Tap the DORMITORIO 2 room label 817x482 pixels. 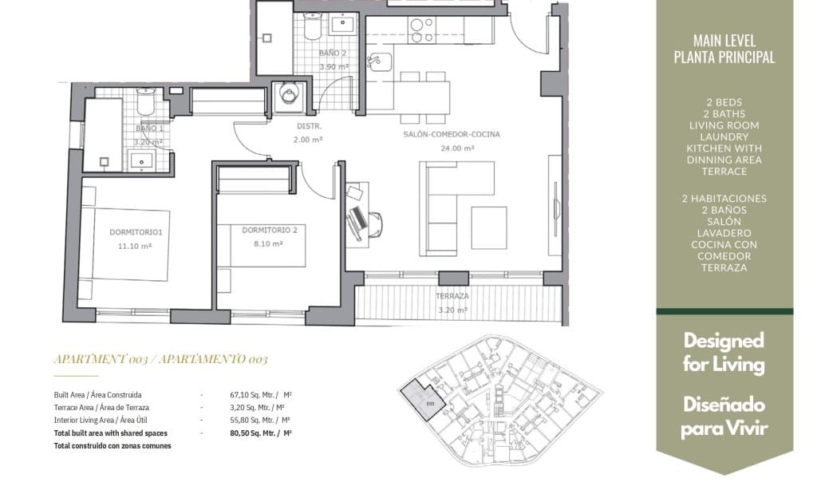point(270,230)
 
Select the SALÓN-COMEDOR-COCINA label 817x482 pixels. point(452,135)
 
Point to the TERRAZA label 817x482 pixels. point(452,296)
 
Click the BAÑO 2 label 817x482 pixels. point(332,53)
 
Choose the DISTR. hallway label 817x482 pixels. point(309,126)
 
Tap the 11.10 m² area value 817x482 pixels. point(136,247)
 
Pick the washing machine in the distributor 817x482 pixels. point(288,97)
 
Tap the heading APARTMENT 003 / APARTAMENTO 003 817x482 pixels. point(160,359)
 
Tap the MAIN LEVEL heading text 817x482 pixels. point(724,41)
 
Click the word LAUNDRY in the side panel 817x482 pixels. point(724,136)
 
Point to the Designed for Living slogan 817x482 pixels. point(724,353)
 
